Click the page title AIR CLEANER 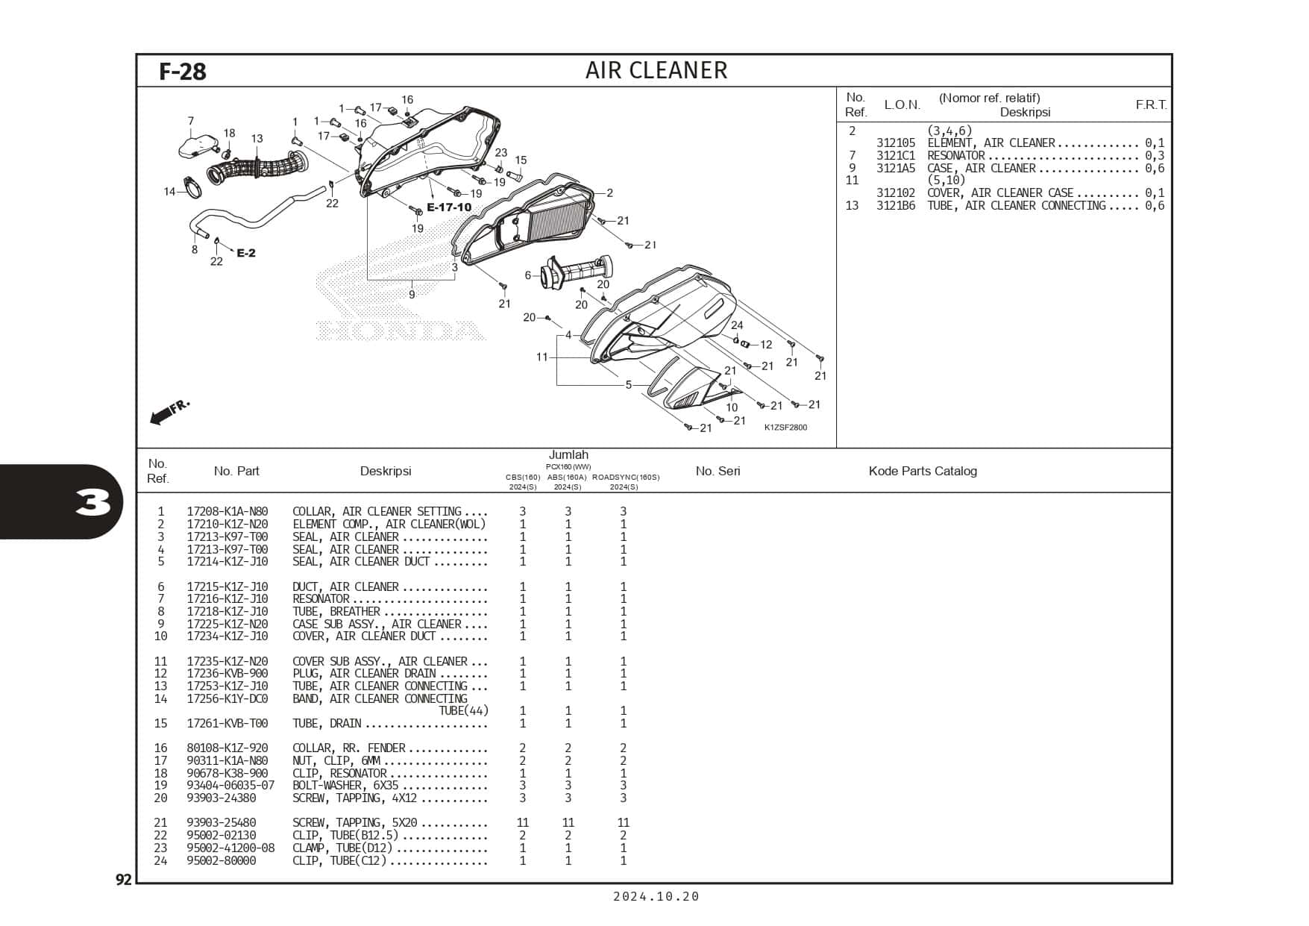656,70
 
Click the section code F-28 182,72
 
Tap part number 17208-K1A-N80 227,512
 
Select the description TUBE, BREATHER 336,612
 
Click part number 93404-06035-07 230,786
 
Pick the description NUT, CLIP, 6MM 336,761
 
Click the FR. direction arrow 169,412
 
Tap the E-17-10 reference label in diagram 448,207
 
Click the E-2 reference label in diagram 246,253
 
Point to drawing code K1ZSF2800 785,428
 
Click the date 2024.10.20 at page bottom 656,897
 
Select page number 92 123,880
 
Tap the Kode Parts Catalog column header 922,471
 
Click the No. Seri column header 718,471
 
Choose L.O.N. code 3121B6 895,206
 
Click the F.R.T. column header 1151,104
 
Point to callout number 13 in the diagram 257,139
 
